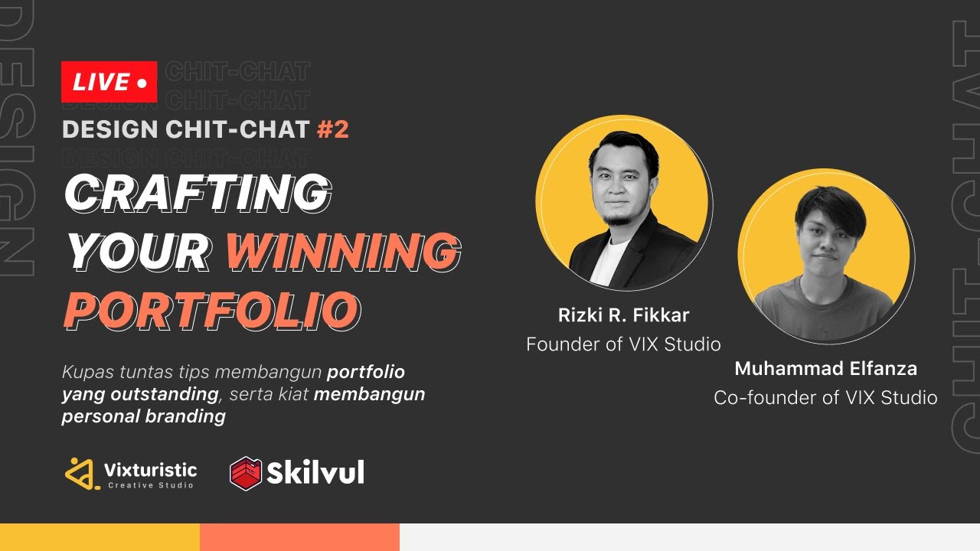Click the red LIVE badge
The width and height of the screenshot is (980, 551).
(x=109, y=82)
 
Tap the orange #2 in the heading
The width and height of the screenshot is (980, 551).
(x=332, y=129)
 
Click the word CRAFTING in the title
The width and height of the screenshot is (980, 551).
(x=198, y=192)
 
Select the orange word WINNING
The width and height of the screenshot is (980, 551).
(x=343, y=251)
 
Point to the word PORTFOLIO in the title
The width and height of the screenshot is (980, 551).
(x=211, y=310)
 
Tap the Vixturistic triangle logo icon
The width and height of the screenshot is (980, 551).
(x=82, y=474)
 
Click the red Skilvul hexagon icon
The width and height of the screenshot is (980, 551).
(x=246, y=473)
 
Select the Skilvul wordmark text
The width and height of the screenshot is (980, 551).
(x=315, y=473)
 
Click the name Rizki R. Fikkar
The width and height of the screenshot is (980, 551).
(x=623, y=315)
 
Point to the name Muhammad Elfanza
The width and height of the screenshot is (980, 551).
(x=825, y=369)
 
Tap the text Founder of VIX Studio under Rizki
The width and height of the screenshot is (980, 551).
(x=623, y=344)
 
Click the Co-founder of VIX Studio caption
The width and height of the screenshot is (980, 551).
(x=825, y=398)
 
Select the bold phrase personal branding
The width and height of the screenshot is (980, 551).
(x=144, y=417)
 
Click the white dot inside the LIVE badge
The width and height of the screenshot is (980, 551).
(x=141, y=83)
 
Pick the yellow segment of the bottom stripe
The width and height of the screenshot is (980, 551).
(x=100, y=537)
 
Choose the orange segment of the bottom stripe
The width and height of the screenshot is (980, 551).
(x=299, y=537)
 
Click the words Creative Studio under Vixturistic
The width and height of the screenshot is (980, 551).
(x=151, y=485)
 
